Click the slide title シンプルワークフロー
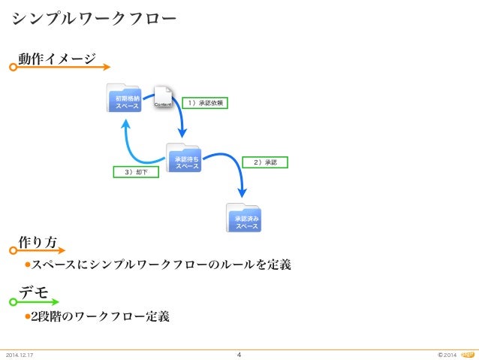click(x=94, y=17)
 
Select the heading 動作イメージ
click(x=58, y=59)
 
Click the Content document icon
click(x=164, y=98)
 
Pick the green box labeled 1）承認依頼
click(x=206, y=101)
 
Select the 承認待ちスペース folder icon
click(x=184, y=159)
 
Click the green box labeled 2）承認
click(x=266, y=162)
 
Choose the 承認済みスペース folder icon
click(x=244, y=219)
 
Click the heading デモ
click(x=34, y=292)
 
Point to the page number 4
click(x=239, y=355)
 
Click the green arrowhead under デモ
click(x=55, y=302)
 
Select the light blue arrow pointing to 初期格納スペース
click(x=131, y=143)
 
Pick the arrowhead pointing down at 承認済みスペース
click(x=243, y=193)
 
